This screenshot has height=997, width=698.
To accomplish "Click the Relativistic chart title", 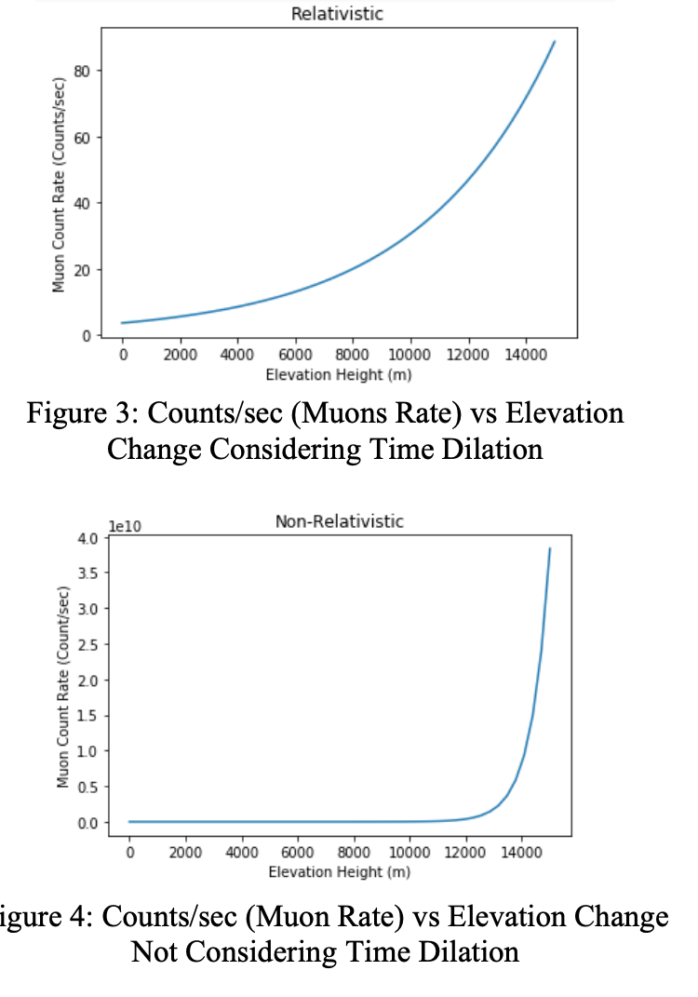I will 337,14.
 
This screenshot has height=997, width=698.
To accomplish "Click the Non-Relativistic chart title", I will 340,521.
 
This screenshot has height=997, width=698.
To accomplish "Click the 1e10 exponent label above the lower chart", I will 126,526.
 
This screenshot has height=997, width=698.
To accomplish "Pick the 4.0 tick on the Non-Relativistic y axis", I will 89,538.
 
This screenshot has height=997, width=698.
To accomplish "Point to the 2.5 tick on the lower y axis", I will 89,645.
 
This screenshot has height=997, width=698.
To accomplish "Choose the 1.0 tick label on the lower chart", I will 89,751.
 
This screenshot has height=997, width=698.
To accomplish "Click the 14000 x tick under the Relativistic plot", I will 524,357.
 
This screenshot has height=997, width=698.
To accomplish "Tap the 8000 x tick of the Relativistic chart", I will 353,357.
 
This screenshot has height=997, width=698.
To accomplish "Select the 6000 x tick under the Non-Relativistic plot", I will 298,854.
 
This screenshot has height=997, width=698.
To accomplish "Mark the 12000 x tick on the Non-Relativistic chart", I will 465,854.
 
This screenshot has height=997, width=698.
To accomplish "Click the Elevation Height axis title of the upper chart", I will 338,375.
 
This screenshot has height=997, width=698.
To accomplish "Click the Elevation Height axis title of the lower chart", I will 340,872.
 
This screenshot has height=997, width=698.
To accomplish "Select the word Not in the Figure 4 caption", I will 159,952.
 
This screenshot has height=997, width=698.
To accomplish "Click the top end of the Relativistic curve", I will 555,42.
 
